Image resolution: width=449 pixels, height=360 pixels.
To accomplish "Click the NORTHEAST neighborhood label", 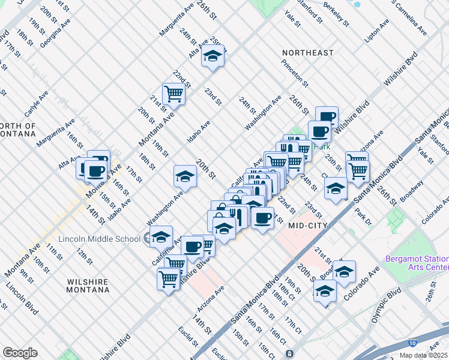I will click(x=308, y=53).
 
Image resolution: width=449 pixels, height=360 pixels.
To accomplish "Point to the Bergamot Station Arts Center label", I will click(x=416, y=263).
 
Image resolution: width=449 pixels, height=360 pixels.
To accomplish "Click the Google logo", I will click(x=20, y=353).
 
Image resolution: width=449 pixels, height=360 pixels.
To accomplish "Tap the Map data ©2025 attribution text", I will click(x=424, y=355).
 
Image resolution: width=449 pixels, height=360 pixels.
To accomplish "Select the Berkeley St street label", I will click(x=337, y=14).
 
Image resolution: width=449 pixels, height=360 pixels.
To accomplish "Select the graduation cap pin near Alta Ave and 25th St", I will click(x=212, y=56).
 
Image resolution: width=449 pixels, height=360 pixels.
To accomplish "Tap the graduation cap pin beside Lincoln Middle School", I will click(x=161, y=236).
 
